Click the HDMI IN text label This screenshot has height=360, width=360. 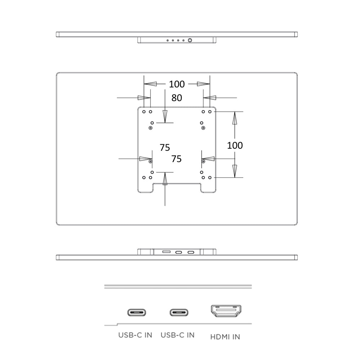pyautogui.click(x=225, y=337)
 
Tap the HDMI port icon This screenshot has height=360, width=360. pyautogui.click(x=226, y=311)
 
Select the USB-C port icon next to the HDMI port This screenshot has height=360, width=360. pyautogui.click(x=179, y=312)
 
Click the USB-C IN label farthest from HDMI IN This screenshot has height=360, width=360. pyautogui.click(x=135, y=335)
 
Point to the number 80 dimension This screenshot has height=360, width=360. pyautogui.click(x=176, y=98)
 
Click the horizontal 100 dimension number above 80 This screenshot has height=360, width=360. pyautogui.click(x=176, y=84)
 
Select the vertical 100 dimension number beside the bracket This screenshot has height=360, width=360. pyautogui.click(x=235, y=145)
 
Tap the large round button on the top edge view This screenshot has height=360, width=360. pyautogui.click(x=190, y=40)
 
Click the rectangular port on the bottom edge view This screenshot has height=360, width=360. pyautogui.click(x=166, y=252)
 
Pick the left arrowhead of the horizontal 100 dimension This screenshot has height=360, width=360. pyautogui.click(x=150, y=84)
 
